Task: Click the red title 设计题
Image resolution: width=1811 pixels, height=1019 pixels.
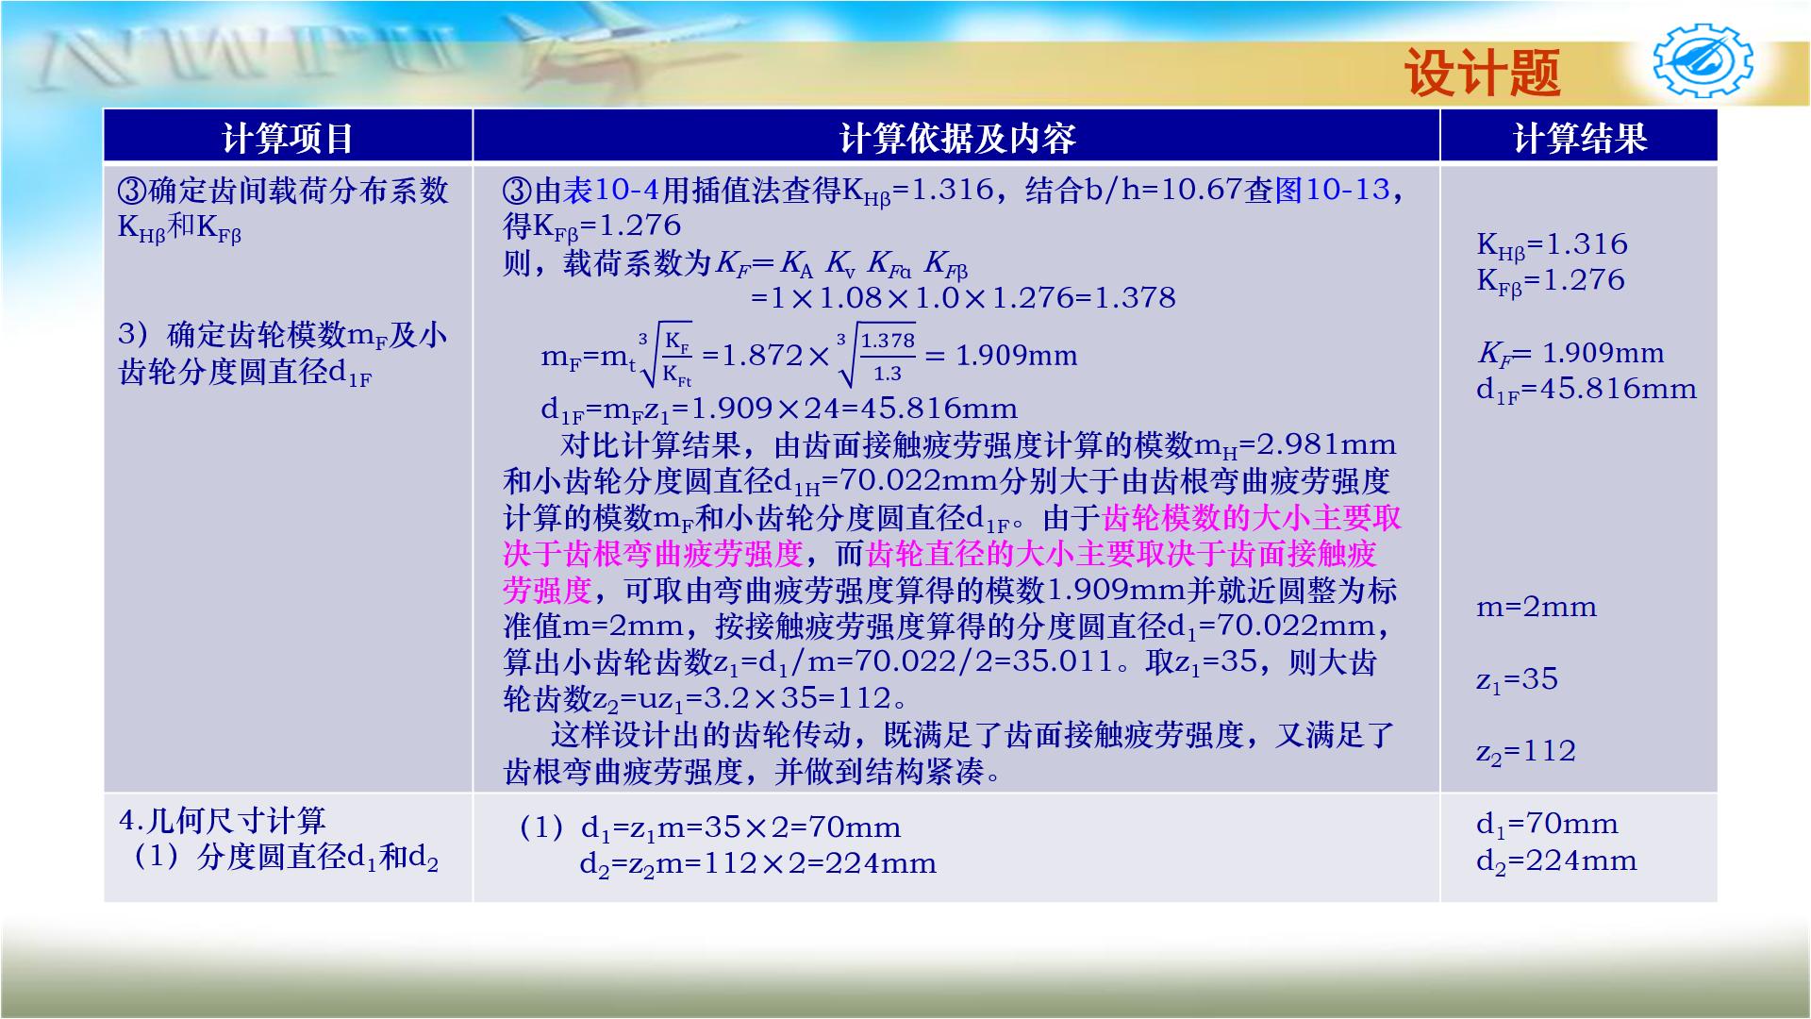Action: coord(1482,73)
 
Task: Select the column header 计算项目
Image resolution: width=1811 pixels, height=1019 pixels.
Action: coord(288,138)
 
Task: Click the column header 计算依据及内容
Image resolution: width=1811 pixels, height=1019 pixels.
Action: coord(956,138)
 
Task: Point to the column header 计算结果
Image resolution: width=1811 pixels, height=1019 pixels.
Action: coord(1579,138)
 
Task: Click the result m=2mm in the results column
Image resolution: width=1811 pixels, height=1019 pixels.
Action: coord(1537,607)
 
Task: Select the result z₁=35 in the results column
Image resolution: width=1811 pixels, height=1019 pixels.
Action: coord(1517,679)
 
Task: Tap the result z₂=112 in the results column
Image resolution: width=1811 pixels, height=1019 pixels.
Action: coord(1526,752)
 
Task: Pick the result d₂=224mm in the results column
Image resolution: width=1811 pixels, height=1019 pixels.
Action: coord(1556,861)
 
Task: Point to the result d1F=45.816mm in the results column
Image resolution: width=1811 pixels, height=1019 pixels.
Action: coord(1586,390)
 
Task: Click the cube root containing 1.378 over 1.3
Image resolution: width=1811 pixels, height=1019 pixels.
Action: coord(876,356)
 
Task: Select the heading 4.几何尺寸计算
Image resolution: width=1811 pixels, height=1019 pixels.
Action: coord(223,820)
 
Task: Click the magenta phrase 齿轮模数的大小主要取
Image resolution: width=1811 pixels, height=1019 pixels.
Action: coord(1251,518)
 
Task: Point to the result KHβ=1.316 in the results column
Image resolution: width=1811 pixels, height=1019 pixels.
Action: coord(1552,244)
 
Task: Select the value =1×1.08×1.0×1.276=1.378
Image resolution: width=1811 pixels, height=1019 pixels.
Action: coord(962,298)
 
